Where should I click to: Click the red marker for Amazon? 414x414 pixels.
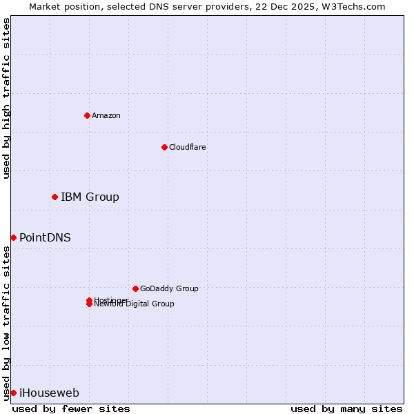pos(87,115)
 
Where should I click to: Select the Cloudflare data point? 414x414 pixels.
pos(164,147)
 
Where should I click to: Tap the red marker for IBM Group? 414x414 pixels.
pos(55,197)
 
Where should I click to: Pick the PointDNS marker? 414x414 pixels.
pos(13,237)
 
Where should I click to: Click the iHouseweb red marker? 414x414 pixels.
pos(13,393)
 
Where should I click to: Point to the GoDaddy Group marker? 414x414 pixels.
pos(135,288)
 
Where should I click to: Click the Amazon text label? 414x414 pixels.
pos(106,115)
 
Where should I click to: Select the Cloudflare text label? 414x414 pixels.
pos(187,147)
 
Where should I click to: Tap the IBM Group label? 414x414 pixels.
pos(90,197)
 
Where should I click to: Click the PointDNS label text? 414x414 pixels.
pos(45,237)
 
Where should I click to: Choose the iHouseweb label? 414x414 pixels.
pos(49,393)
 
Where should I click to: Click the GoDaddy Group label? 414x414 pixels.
pos(169,288)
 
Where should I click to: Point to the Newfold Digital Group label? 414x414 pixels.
pos(135,304)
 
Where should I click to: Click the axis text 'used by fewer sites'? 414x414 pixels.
pos(71,408)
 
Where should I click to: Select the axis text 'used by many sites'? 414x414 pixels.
pos(346,408)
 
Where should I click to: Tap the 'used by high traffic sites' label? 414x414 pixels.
pos(6,98)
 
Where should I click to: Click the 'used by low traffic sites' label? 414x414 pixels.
pos(6,322)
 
